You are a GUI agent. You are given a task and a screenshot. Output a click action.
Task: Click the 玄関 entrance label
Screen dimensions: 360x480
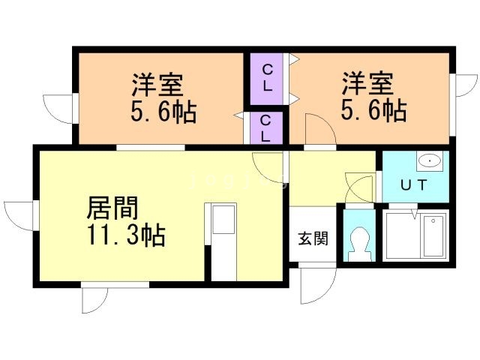tap(313, 239)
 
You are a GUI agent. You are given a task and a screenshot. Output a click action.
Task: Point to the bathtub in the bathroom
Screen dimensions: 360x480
tap(434, 235)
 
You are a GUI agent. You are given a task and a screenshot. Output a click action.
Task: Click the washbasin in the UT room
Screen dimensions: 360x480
tap(428, 160)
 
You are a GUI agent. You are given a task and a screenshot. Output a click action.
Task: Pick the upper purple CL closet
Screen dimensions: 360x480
tap(267, 78)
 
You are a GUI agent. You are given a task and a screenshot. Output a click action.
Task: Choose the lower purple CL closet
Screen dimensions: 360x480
tap(267, 127)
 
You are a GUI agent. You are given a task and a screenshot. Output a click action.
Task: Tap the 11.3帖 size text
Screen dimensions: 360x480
tap(125, 235)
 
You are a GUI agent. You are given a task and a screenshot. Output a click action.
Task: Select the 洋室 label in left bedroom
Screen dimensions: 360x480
tap(160, 82)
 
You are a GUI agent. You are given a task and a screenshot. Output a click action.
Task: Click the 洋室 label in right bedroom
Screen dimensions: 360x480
tap(368, 82)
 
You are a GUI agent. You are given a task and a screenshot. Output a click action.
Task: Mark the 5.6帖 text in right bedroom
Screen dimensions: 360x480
tap(373, 112)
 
